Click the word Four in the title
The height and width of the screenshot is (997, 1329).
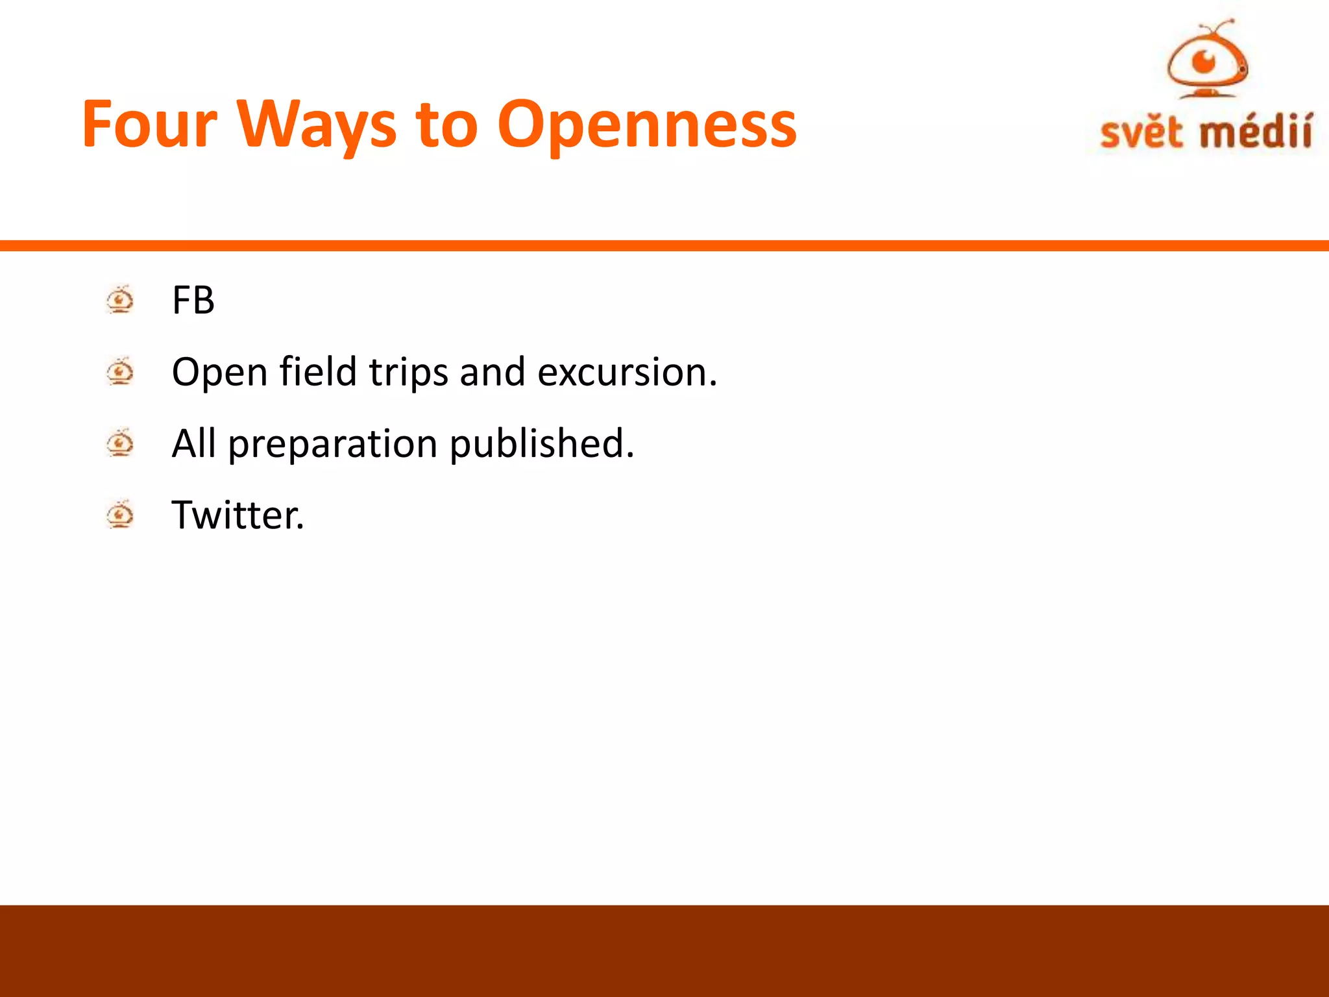pos(149,125)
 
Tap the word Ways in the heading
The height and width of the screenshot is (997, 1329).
pos(316,125)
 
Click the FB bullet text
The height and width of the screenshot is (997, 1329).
pos(193,301)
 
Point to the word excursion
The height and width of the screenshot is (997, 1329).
pos(627,372)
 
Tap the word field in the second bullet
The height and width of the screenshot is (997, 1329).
pos(318,372)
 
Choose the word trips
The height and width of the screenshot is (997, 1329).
pos(408,373)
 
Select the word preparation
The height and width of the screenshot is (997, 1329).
pos(333,445)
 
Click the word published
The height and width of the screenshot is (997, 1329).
pos(541,443)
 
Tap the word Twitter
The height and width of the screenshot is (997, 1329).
pos(238,515)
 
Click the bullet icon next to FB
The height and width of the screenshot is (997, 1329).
pos(120,300)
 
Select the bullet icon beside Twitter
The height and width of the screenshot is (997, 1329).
pos(120,515)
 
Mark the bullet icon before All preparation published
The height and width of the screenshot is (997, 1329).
pos(120,443)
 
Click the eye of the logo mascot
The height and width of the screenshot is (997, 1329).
pos(1205,62)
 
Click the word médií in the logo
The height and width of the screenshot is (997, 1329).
pos(1255,132)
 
